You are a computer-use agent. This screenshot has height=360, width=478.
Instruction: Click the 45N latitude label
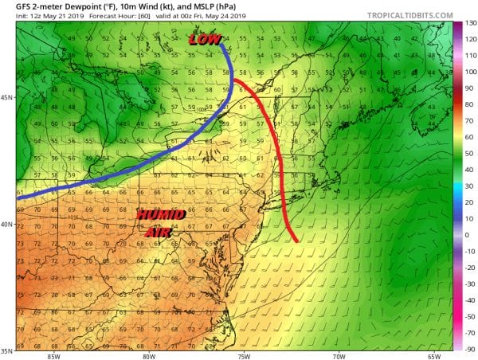tap(7, 98)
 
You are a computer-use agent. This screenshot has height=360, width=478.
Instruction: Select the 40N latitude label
tap(7, 225)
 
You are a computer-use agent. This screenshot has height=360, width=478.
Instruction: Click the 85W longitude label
tap(53, 356)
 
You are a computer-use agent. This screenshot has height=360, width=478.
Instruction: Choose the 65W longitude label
tap(436, 356)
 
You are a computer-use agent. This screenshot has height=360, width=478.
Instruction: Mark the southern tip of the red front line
tap(296, 241)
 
